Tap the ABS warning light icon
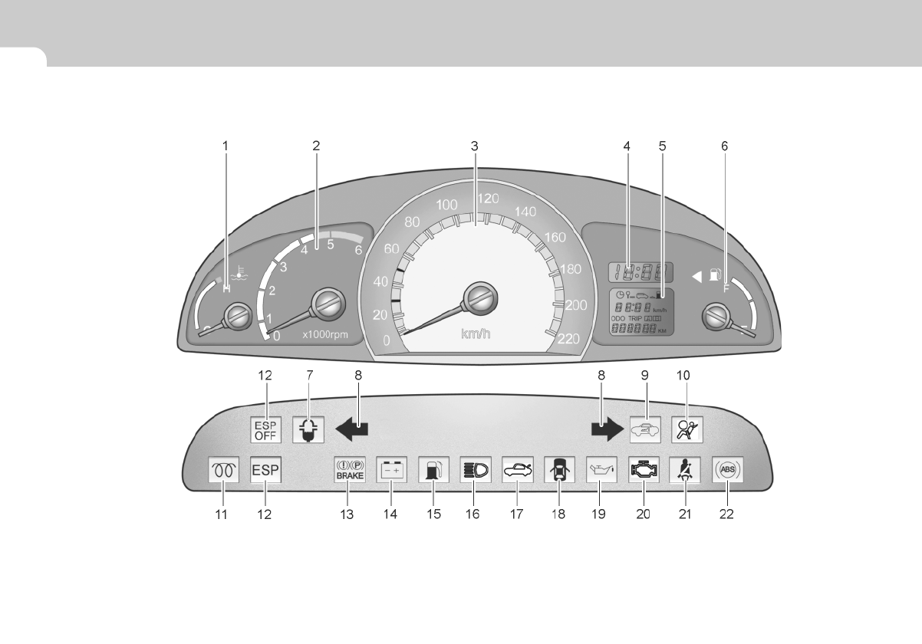point(726,469)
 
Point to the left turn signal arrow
point(352,430)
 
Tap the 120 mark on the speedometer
point(488,199)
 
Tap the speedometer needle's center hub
point(480,296)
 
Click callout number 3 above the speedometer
point(475,145)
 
